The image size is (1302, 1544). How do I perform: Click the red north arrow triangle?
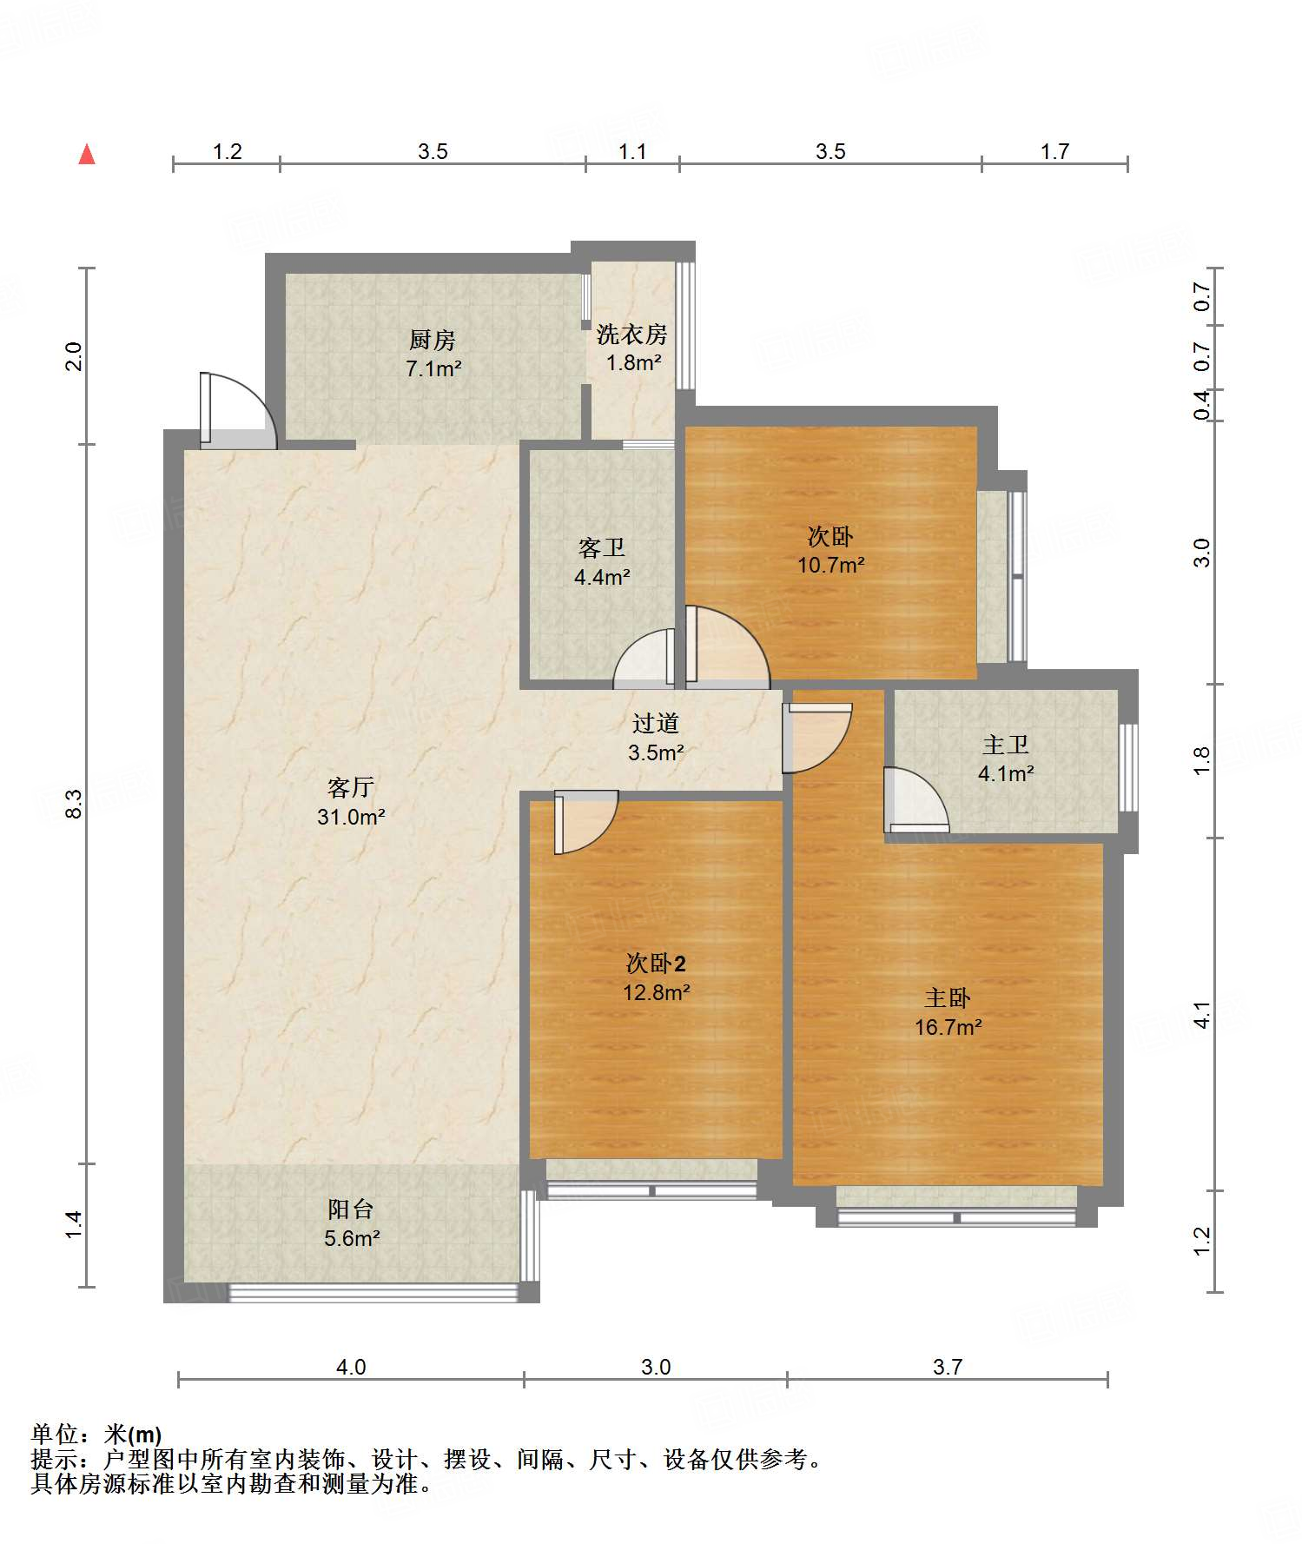[x=87, y=154]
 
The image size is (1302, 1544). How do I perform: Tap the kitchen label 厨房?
[x=433, y=339]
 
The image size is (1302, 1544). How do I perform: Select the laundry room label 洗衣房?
[x=632, y=334]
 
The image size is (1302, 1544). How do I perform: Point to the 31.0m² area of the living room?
[x=351, y=817]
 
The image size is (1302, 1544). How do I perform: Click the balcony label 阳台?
[x=351, y=1209]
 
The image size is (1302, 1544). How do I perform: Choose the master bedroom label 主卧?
[x=948, y=997]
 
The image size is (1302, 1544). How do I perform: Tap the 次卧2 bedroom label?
[x=657, y=963]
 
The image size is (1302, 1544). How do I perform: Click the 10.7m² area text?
[x=831, y=565]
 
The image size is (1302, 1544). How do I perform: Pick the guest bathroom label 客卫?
[x=602, y=547]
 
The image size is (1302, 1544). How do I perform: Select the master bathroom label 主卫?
[x=1006, y=745]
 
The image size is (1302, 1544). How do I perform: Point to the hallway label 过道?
[x=656, y=723]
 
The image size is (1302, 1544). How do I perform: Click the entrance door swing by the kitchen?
[x=239, y=411]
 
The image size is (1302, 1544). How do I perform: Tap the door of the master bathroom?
[x=916, y=800]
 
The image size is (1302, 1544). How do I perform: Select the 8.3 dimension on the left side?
[x=74, y=803]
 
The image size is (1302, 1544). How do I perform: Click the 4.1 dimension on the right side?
[x=1201, y=1014]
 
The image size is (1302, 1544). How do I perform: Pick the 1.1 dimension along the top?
[x=632, y=151]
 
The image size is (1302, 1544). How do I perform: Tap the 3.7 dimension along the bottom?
[x=948, y=1367]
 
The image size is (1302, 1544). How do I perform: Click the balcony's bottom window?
[x=373, y=1292]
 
